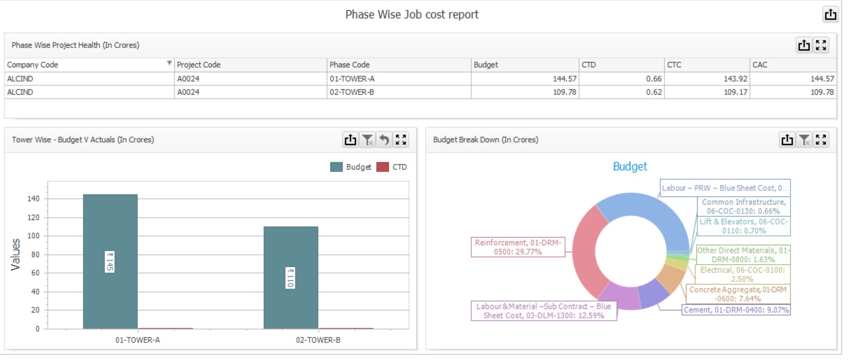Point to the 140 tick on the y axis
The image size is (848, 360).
click(x=34, y=198)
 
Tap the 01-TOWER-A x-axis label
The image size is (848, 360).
click(x=138, y=340)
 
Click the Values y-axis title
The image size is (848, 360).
click(x=15, y=254)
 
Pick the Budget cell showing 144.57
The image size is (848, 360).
click(x=564, y=79)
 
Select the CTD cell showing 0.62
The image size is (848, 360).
click(x=653, y=92)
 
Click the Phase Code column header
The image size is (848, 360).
click(x=350, y=65)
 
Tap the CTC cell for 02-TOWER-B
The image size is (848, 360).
click(x=735, y=92)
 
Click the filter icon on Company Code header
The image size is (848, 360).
click(x=169, y=63)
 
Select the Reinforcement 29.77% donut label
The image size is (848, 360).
click(x=518, y=247)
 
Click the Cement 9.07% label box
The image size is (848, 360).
click(x=736, y=310)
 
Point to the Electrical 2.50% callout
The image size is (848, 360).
click(x=742, y=275)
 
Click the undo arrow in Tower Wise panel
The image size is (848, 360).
click(x=384, y=140)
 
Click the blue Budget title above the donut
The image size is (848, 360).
click(x=630, y=167)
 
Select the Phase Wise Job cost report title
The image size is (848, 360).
click(x=412, y=14)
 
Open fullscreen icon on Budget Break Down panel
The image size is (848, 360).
click(x=821, y=140)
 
